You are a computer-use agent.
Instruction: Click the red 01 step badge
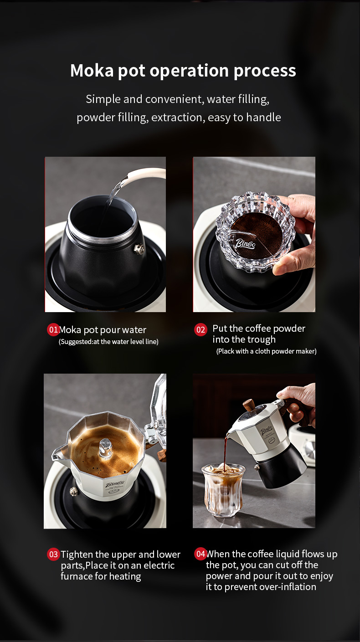(53, 329)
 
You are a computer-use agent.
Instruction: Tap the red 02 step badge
(201, 329)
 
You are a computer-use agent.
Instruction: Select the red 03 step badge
(53, 555)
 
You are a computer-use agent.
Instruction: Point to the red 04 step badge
(201, 554)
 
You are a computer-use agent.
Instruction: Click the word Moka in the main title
(92, 71)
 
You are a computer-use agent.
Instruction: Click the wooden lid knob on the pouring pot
(249, 406)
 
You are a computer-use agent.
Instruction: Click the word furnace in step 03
(77, 576)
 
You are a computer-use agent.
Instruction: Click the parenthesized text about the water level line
(108, 342)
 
